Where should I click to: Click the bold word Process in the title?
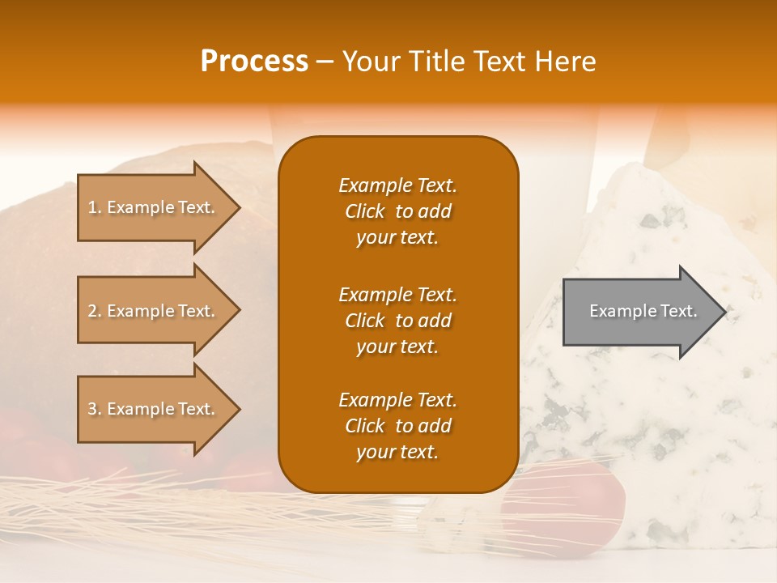point(254,62)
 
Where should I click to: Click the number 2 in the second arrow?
point(92,311)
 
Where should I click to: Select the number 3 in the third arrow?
point(92,409)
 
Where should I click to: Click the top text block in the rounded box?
point(397,211)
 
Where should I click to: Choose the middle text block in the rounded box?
point(397,321)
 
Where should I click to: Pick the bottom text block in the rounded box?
point(397,426)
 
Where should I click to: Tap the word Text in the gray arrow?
point(679,311)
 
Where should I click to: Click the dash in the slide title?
point(325,62)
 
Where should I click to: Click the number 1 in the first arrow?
point(91,207)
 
